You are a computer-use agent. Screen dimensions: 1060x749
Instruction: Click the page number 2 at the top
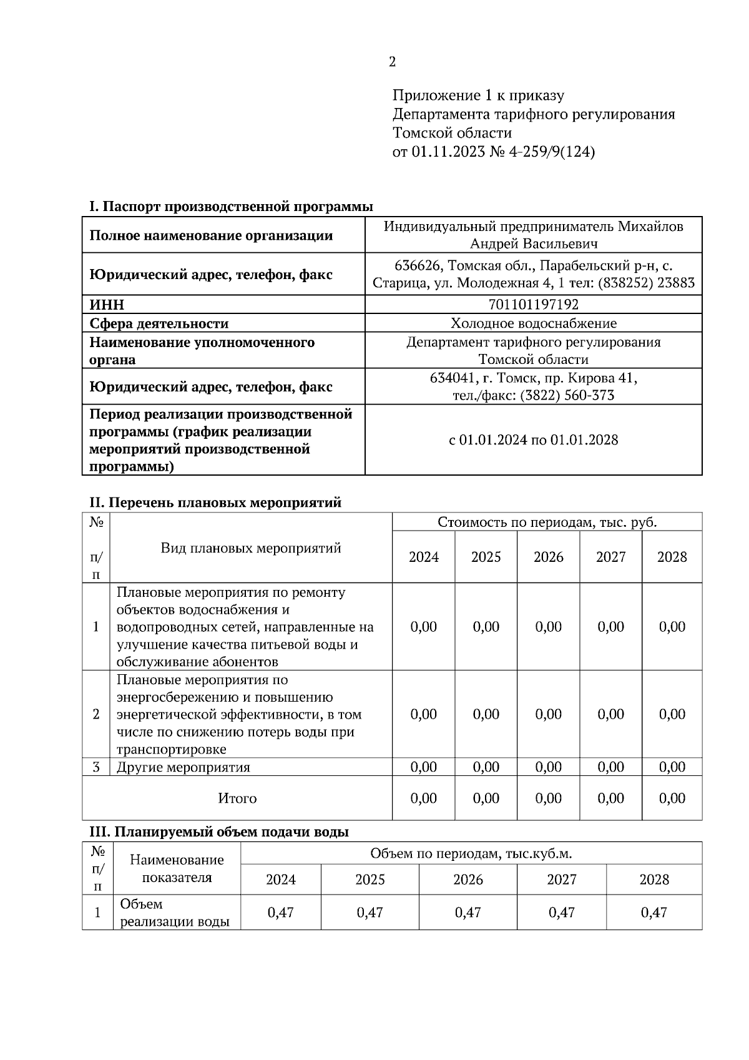pos(392,62)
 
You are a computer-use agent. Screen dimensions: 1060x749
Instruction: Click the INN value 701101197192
pos(533,305)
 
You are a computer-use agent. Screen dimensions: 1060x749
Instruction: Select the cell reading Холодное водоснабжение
pos(533,323)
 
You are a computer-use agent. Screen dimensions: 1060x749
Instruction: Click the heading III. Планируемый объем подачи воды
pos(219,832)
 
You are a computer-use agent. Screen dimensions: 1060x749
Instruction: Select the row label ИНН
pos(107,305)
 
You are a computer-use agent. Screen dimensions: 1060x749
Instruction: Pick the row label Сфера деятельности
pos(159,323)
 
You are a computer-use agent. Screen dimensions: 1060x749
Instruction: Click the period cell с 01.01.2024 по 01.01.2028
pos(533,440)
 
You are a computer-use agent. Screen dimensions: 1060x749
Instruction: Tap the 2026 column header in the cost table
pos(548,557)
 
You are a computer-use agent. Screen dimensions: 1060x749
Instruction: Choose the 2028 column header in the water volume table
pos(654,880)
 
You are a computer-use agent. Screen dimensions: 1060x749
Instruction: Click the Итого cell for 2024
pos(423,798)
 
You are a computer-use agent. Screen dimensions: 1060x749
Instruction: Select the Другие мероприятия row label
pos(183,767)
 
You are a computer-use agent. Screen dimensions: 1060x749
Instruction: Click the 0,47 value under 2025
pos(370,913)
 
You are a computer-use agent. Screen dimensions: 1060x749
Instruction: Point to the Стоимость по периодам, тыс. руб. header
pos(547,522)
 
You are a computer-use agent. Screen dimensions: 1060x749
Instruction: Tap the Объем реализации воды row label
pos(174,913)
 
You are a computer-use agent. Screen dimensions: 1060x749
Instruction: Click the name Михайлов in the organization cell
pos(650,226)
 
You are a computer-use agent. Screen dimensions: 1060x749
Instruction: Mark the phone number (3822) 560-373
pos(567,396)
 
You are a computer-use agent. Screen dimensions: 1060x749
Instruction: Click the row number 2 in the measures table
pos(95,714)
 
